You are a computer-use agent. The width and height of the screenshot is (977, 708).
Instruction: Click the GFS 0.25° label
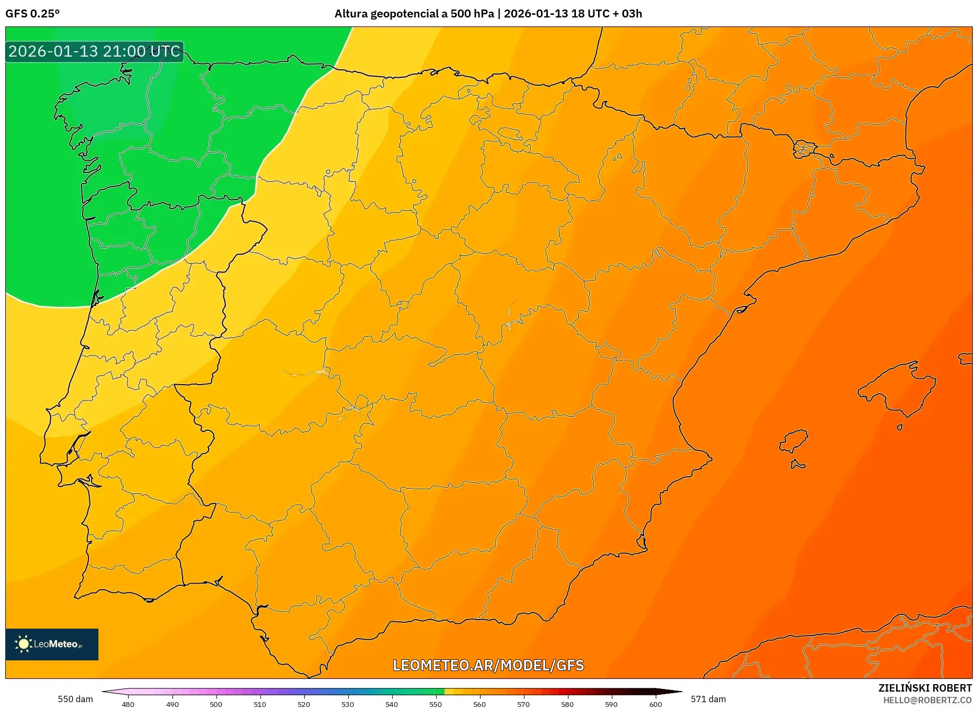32,14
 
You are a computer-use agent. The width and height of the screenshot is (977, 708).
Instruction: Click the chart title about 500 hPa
488,14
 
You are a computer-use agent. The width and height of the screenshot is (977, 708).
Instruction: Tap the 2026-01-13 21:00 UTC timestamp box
94,51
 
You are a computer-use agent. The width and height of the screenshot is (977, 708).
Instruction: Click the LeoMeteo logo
52,644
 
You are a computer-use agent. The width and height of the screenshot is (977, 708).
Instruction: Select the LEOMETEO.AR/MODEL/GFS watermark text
488,665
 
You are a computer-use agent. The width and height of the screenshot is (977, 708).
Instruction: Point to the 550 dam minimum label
75,699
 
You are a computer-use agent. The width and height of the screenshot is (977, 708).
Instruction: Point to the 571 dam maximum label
708,699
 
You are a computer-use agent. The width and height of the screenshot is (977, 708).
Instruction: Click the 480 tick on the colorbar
128,704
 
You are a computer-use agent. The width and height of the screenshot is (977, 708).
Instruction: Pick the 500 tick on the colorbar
216,704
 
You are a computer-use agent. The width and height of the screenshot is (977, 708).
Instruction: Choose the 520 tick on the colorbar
304,704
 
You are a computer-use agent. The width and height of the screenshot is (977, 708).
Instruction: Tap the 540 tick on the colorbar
392,704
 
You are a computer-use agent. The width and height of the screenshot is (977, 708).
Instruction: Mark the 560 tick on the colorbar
480,704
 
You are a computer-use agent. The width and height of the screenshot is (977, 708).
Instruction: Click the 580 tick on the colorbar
567,704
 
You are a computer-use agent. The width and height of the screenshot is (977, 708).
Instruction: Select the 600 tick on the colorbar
655,704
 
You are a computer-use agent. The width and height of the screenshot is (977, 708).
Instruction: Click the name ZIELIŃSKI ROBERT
925,688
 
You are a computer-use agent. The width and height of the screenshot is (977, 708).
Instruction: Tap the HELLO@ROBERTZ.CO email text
927,700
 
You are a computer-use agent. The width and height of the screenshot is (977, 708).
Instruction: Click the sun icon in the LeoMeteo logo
23,644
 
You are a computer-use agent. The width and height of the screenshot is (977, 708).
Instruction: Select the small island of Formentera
798,465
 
